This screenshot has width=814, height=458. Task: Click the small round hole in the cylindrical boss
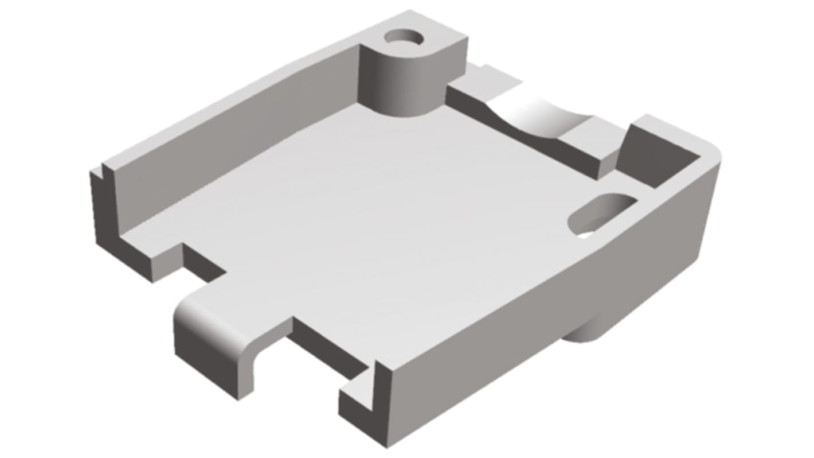tap(404, 38)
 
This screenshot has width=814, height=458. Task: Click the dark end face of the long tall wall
tap(103, 207)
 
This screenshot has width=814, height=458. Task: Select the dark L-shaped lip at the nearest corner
tap(358, 402)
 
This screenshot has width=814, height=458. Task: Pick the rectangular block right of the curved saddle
tap(590, 146)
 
